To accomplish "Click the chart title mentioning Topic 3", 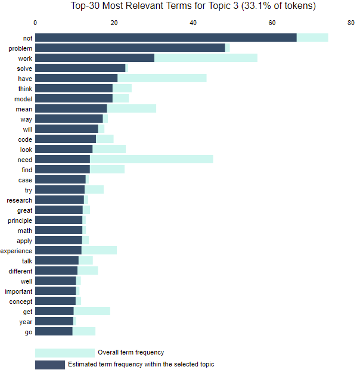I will tap(193, 7).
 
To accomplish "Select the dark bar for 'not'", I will tap(166, 38).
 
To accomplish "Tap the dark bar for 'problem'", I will tap(130, 48).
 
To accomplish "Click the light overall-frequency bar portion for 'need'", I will tap(151, 160).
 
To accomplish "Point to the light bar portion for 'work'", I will tap(206, 58).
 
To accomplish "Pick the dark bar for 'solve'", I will tap(80, 68).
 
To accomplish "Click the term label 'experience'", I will tap(16, 251).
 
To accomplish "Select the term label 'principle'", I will tap(20, 220).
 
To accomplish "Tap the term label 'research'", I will tap(19, 200).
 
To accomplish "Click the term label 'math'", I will tap(25, 231).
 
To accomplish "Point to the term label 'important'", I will tap(18, 291).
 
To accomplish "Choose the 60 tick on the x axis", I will tap(272, 23).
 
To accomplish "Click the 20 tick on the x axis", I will tap(114, 23).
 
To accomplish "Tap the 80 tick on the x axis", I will tap(350, 23).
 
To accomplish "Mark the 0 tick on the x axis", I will tap(35, 23).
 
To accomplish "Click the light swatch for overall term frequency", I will tap(64, 353).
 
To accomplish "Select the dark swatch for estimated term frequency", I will tap(49, 365).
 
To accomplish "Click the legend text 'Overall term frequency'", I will tap(131, 353).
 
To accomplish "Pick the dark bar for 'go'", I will tap(54, 332).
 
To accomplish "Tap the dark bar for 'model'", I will tap(74, 98).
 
